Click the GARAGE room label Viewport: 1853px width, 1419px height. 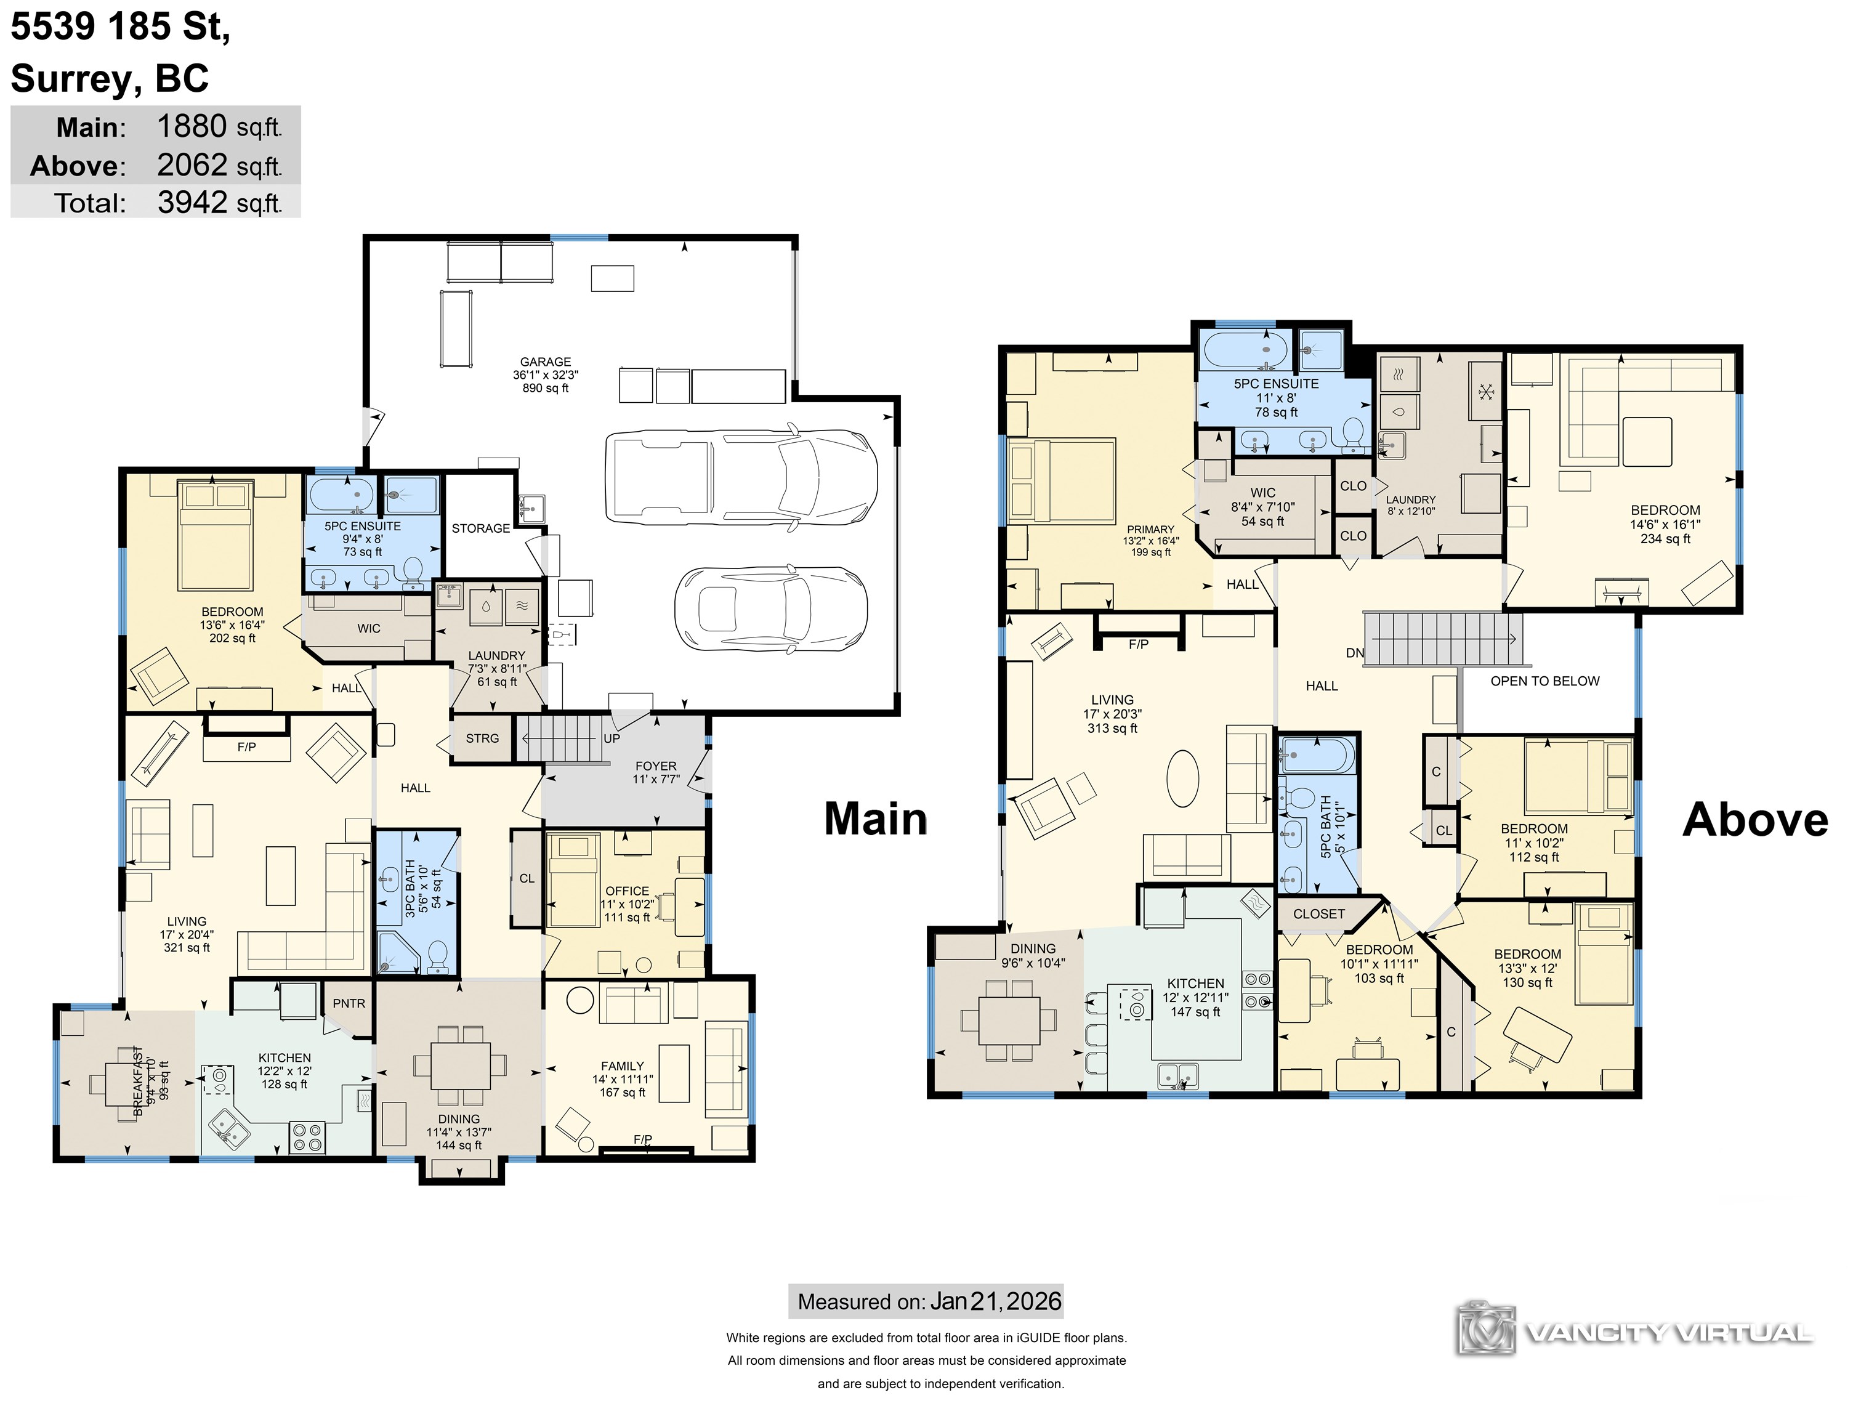point(545,362)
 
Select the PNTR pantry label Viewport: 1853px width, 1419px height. point(349,1003)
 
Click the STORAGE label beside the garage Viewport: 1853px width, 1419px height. point(480,529)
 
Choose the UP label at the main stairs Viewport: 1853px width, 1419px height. point(612,738)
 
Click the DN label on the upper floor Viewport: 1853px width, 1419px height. point(1355,653)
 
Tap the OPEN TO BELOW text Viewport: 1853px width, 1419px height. point(1544,681)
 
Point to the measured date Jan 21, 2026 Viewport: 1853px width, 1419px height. point(996,1301)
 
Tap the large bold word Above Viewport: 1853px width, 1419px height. point(1755,819)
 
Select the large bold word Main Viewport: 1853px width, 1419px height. point(876,819)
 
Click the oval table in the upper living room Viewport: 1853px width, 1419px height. point(1182,778)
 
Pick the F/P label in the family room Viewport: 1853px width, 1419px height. point(643,1139)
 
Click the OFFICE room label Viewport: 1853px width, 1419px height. point(627,891)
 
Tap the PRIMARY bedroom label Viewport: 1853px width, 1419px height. point(1150,530)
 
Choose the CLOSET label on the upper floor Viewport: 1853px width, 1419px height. point(1318,914)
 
